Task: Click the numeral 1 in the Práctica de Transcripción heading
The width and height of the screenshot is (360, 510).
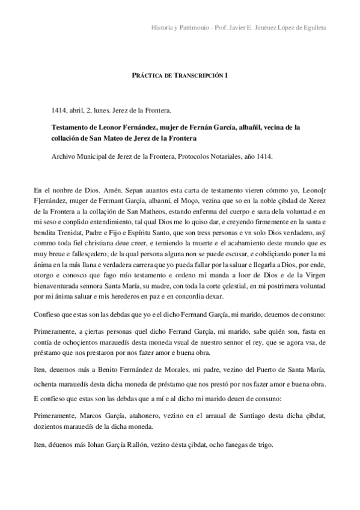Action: coord(227,75)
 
